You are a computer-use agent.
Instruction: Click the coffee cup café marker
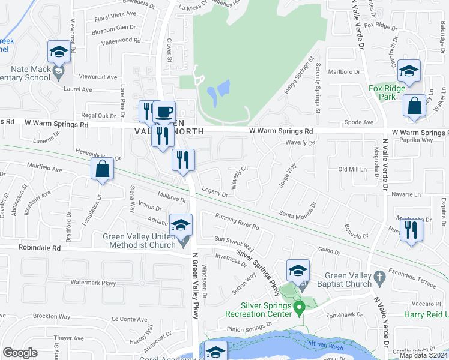tap(163, 112)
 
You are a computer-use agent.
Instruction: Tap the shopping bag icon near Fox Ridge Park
tap(414, 106)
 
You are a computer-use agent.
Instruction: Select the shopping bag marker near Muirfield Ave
tap(103, 169)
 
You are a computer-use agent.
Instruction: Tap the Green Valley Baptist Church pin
tap(378, 277)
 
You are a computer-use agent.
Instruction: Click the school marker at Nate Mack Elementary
tap(59, 53)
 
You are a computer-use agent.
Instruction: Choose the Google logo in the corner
tap(20, 353)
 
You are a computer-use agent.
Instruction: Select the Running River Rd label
tap(237, 223)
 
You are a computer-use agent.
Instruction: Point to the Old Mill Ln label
tap(352, 170)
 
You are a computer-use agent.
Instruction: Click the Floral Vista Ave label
tap(115, 16)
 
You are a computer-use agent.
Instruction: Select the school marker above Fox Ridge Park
tap(408, 71)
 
